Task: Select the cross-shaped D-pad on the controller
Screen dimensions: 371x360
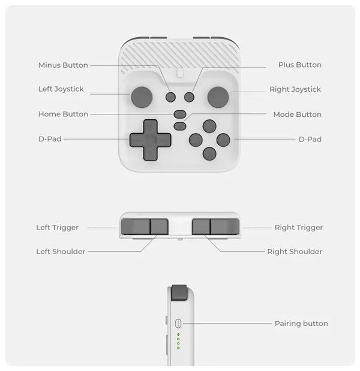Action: click(x=149, y=140)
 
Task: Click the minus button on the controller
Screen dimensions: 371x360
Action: click(x=171, y=96)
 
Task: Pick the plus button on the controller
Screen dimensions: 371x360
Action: click(x=189, y=96)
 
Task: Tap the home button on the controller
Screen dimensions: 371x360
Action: click(x=179, y=114)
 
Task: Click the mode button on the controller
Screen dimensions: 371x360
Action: click(x=179, y=125)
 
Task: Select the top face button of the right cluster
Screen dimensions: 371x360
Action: click(x=209, y=126)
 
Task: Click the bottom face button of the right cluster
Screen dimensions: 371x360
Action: click(x=209, y=153)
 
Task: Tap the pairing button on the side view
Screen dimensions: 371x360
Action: click(x=178, y=323)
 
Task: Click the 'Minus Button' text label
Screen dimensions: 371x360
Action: click(x=63, y=65)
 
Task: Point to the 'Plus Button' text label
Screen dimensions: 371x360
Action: click(x=299, y=65)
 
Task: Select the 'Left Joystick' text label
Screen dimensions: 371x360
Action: click(x=61, y=89)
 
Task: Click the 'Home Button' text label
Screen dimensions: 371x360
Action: click(x=63, y=114)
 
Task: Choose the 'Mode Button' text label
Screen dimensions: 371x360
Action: click(x=297, y=114)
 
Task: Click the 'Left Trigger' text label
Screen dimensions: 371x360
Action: click(x=57, y=228)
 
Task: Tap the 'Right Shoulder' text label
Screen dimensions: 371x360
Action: click(x=295, y=252)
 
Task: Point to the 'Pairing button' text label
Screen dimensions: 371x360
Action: click(x=301, y=324)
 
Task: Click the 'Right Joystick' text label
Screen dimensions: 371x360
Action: click(x=295, y=89)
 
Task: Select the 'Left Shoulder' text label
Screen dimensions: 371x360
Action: click(x=61, y=252)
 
